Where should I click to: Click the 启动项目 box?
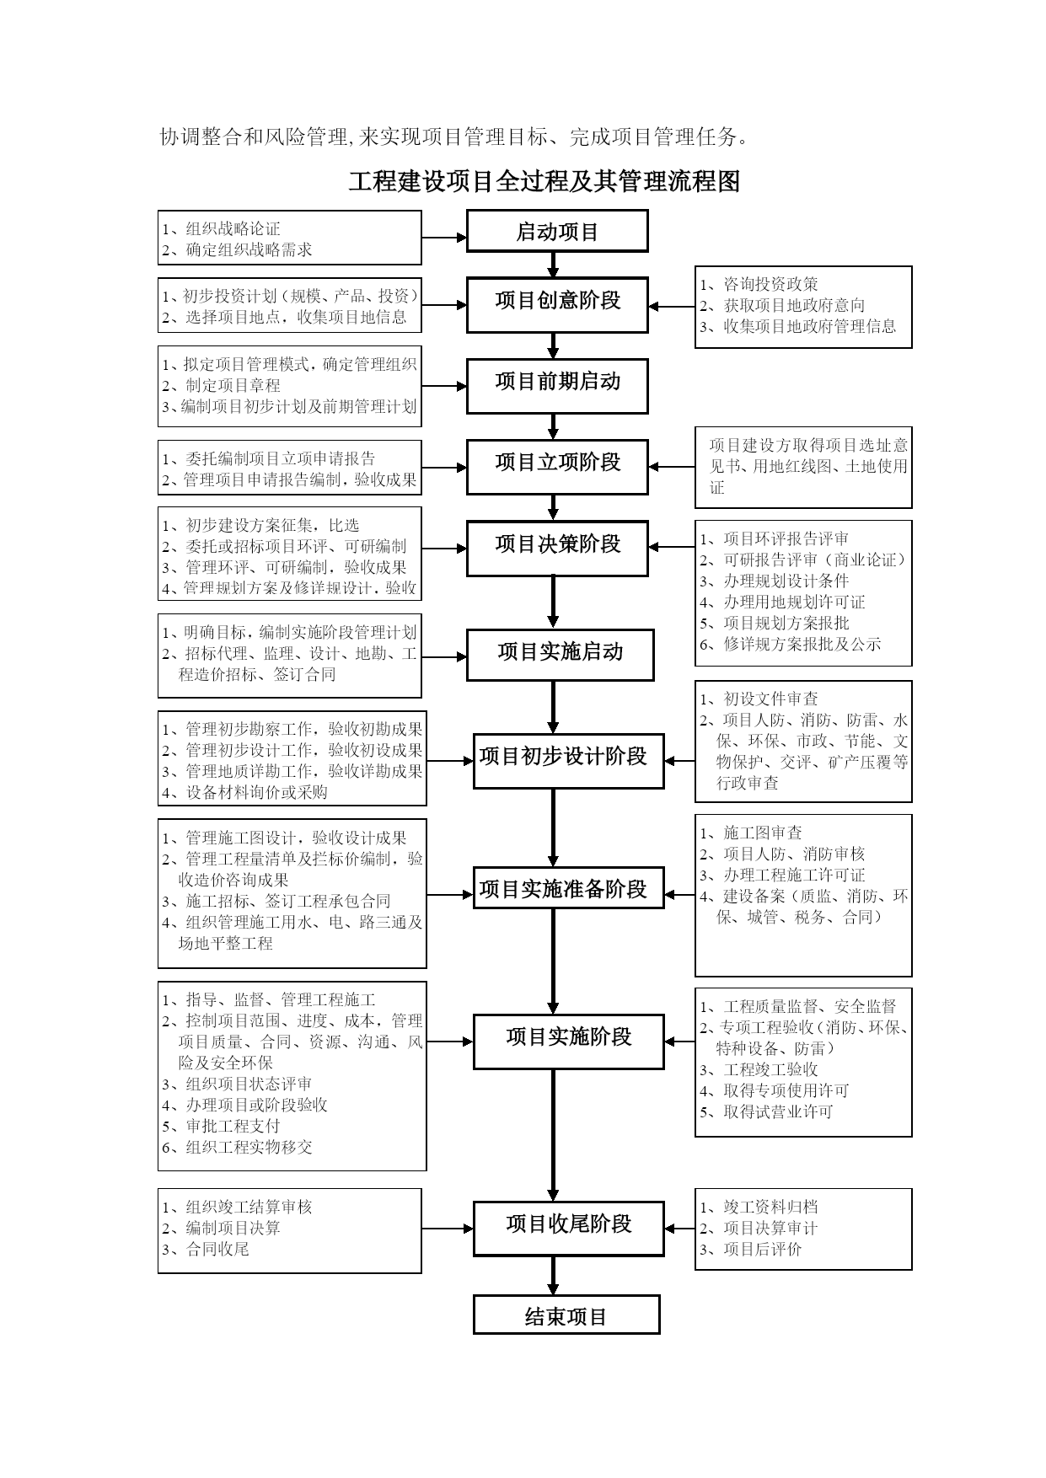click(557, 231)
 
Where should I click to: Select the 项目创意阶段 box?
click(557, 304)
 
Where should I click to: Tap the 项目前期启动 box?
click(557, 386)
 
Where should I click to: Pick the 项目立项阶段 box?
click(557, 467)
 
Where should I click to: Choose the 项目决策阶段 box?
click(557, 549)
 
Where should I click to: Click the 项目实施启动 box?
click(560, 655)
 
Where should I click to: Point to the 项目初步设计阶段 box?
click(568, 761)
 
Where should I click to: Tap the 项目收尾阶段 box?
click(568, 1229)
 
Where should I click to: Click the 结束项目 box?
click(566, 1315)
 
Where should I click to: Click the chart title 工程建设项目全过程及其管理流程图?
click(544, 181)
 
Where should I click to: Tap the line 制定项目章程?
click(222, 386)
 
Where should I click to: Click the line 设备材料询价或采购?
click(245, 793)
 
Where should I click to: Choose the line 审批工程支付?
click(222, 1127)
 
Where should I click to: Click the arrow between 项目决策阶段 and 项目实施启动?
click(553, 602)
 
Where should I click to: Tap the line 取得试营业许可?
click(766, 1112)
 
